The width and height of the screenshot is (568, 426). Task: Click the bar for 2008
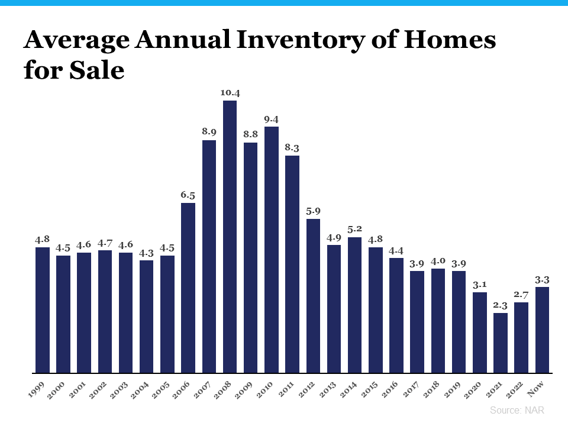[230, 237]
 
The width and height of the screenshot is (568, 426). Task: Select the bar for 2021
[501, 343]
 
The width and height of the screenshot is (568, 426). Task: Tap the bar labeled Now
[542, 330]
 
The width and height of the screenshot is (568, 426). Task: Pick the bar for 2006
[188, 288]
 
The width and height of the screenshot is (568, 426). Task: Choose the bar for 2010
[272, 250]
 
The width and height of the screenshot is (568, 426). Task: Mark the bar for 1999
[43, 310]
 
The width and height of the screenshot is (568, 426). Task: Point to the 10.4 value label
[230, 93]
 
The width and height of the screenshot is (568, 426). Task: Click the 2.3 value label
[501, 305]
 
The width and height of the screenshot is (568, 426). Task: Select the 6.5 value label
[188, 195]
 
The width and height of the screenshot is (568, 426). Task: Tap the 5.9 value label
[313, 211]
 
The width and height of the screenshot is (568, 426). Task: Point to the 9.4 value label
[272, 119]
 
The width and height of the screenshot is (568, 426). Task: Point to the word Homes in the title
[456, 40]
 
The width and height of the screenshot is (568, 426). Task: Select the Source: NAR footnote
[517, 410]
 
